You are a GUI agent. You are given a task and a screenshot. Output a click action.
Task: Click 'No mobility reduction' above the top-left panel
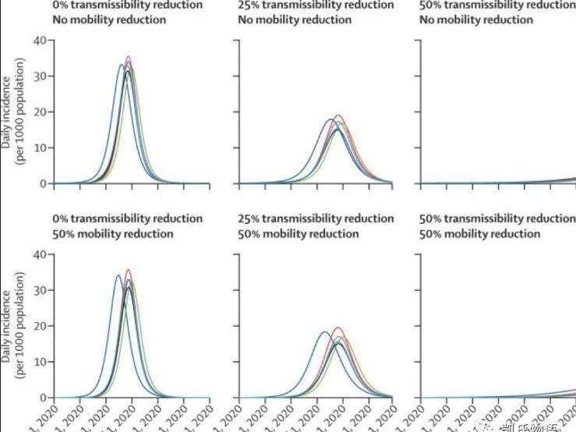110,19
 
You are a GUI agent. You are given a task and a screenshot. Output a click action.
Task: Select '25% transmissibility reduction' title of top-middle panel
316,5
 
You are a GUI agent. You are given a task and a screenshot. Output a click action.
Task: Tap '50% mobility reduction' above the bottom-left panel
112,234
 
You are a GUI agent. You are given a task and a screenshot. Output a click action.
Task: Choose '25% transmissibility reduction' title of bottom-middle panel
316,219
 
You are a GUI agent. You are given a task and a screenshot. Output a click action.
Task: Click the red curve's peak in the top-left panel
128,57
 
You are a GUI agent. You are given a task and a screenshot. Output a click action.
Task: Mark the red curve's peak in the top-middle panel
338,115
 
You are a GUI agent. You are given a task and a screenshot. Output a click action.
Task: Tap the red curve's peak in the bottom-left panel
128,271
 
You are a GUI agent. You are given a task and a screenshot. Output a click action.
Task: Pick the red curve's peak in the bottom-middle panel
337,328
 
